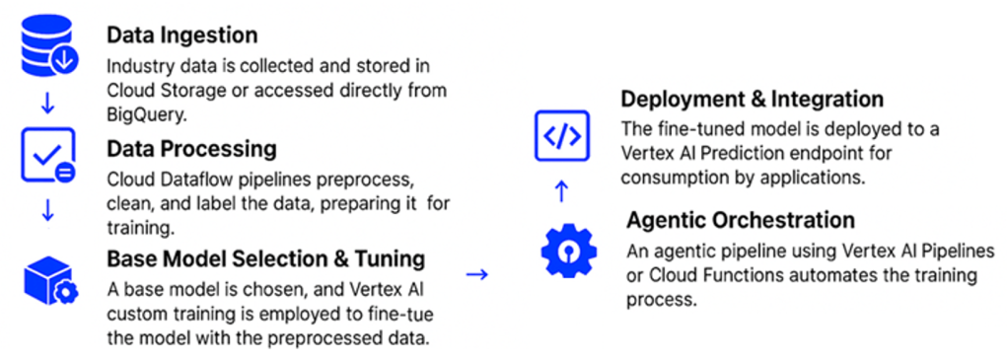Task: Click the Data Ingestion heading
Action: [181, 35]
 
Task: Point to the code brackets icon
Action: [561, 135]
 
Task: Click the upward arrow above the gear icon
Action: [561, 191]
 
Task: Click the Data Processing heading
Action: [191, 149]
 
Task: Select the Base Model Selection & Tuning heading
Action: [265, 259]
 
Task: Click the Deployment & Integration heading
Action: [752, 100]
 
